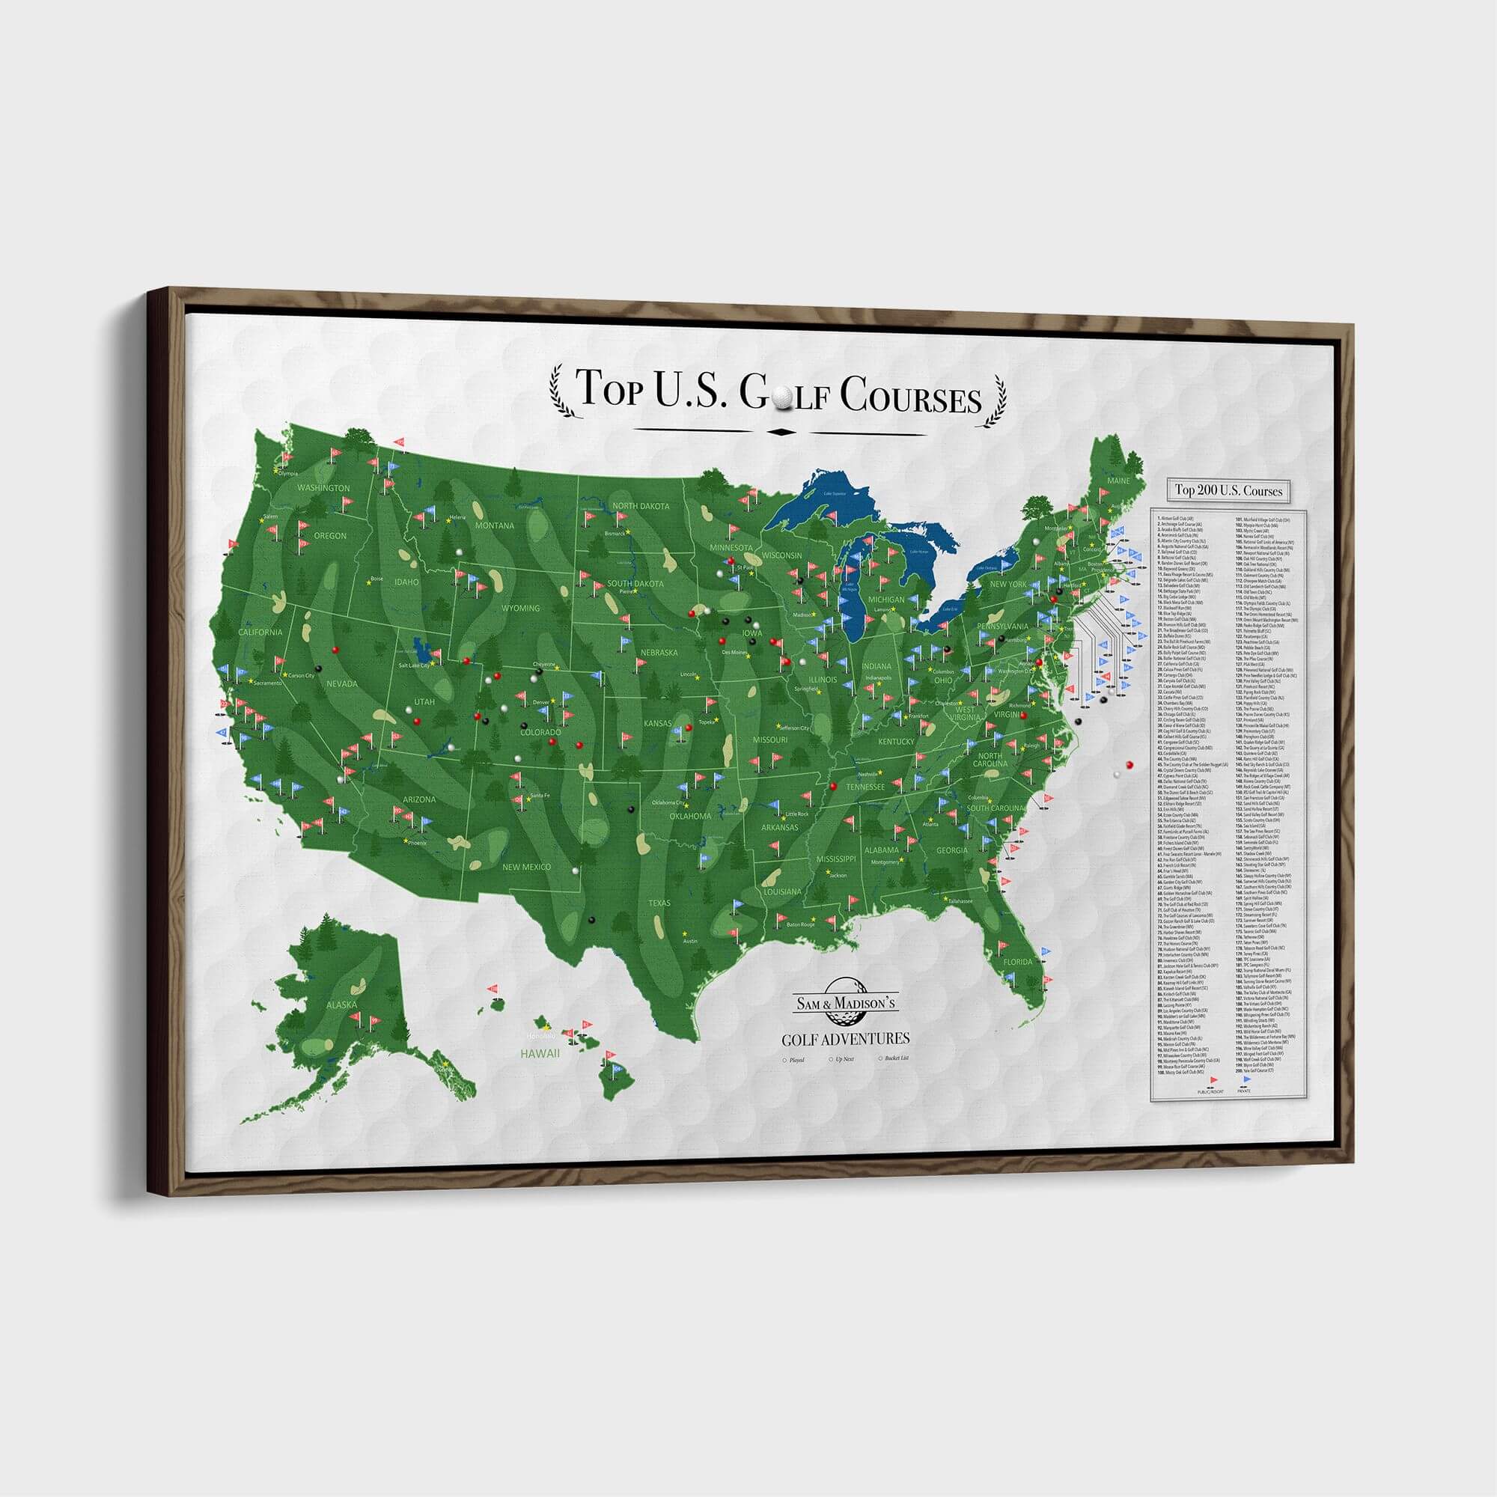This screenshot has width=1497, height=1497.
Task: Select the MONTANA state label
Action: [494, 525]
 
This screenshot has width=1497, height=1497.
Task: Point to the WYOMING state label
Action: [520, 609]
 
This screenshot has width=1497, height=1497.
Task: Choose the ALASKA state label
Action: [341, 1005]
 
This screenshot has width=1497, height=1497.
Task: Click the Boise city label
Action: [377, 578]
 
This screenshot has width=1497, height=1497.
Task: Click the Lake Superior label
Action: [835, 493]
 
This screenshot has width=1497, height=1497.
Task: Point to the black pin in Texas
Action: [592, 920]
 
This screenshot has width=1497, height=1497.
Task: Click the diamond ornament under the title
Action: [778, 432]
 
